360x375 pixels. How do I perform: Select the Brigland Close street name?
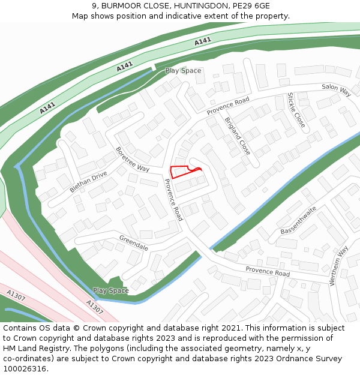pos(237,136)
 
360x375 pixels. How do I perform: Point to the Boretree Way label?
pos(133,159)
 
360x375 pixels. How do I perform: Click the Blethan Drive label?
pos(88,181)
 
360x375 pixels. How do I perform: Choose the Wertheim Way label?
pos(339,266)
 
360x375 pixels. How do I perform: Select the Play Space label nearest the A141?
pos(183,71)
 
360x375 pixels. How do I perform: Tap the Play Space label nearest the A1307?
pos(110,290)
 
